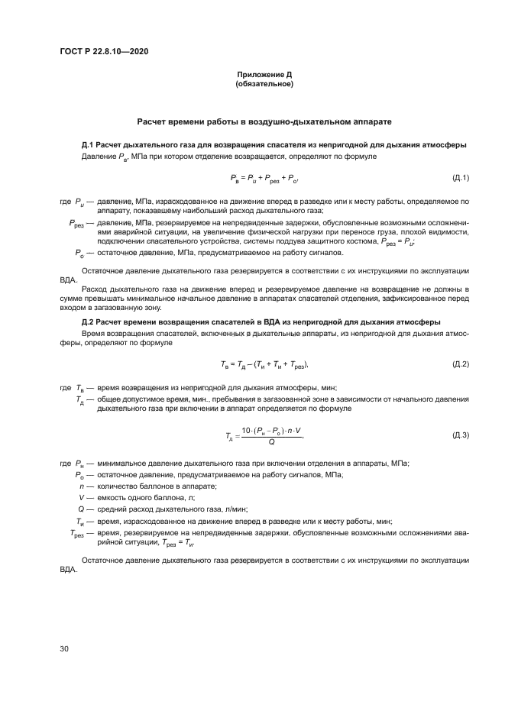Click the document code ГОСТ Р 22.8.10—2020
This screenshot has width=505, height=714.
tap(103, 50)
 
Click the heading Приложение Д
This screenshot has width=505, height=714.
tap(264, 75)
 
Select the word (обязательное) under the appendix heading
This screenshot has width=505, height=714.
tap(264, 84)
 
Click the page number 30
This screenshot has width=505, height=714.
tap(64, 648)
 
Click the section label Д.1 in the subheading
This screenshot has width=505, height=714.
tap(88, 144)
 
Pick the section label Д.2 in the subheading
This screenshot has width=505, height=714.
tap(88, 322)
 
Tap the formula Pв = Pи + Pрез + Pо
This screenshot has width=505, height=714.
tap(264, 179)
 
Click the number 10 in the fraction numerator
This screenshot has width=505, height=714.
tap(246, 431)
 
